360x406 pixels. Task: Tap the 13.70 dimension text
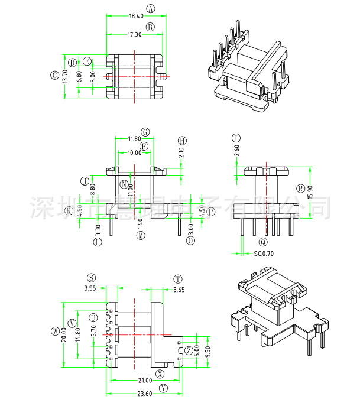(x=64, y=75)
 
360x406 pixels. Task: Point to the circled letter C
(x=54, y=75)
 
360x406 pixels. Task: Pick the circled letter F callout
(x=144, y=145)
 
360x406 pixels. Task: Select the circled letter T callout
(x=177, y=280)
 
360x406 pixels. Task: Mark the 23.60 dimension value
(x=144, y=394)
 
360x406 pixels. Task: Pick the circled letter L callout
(x=98, y=241)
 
